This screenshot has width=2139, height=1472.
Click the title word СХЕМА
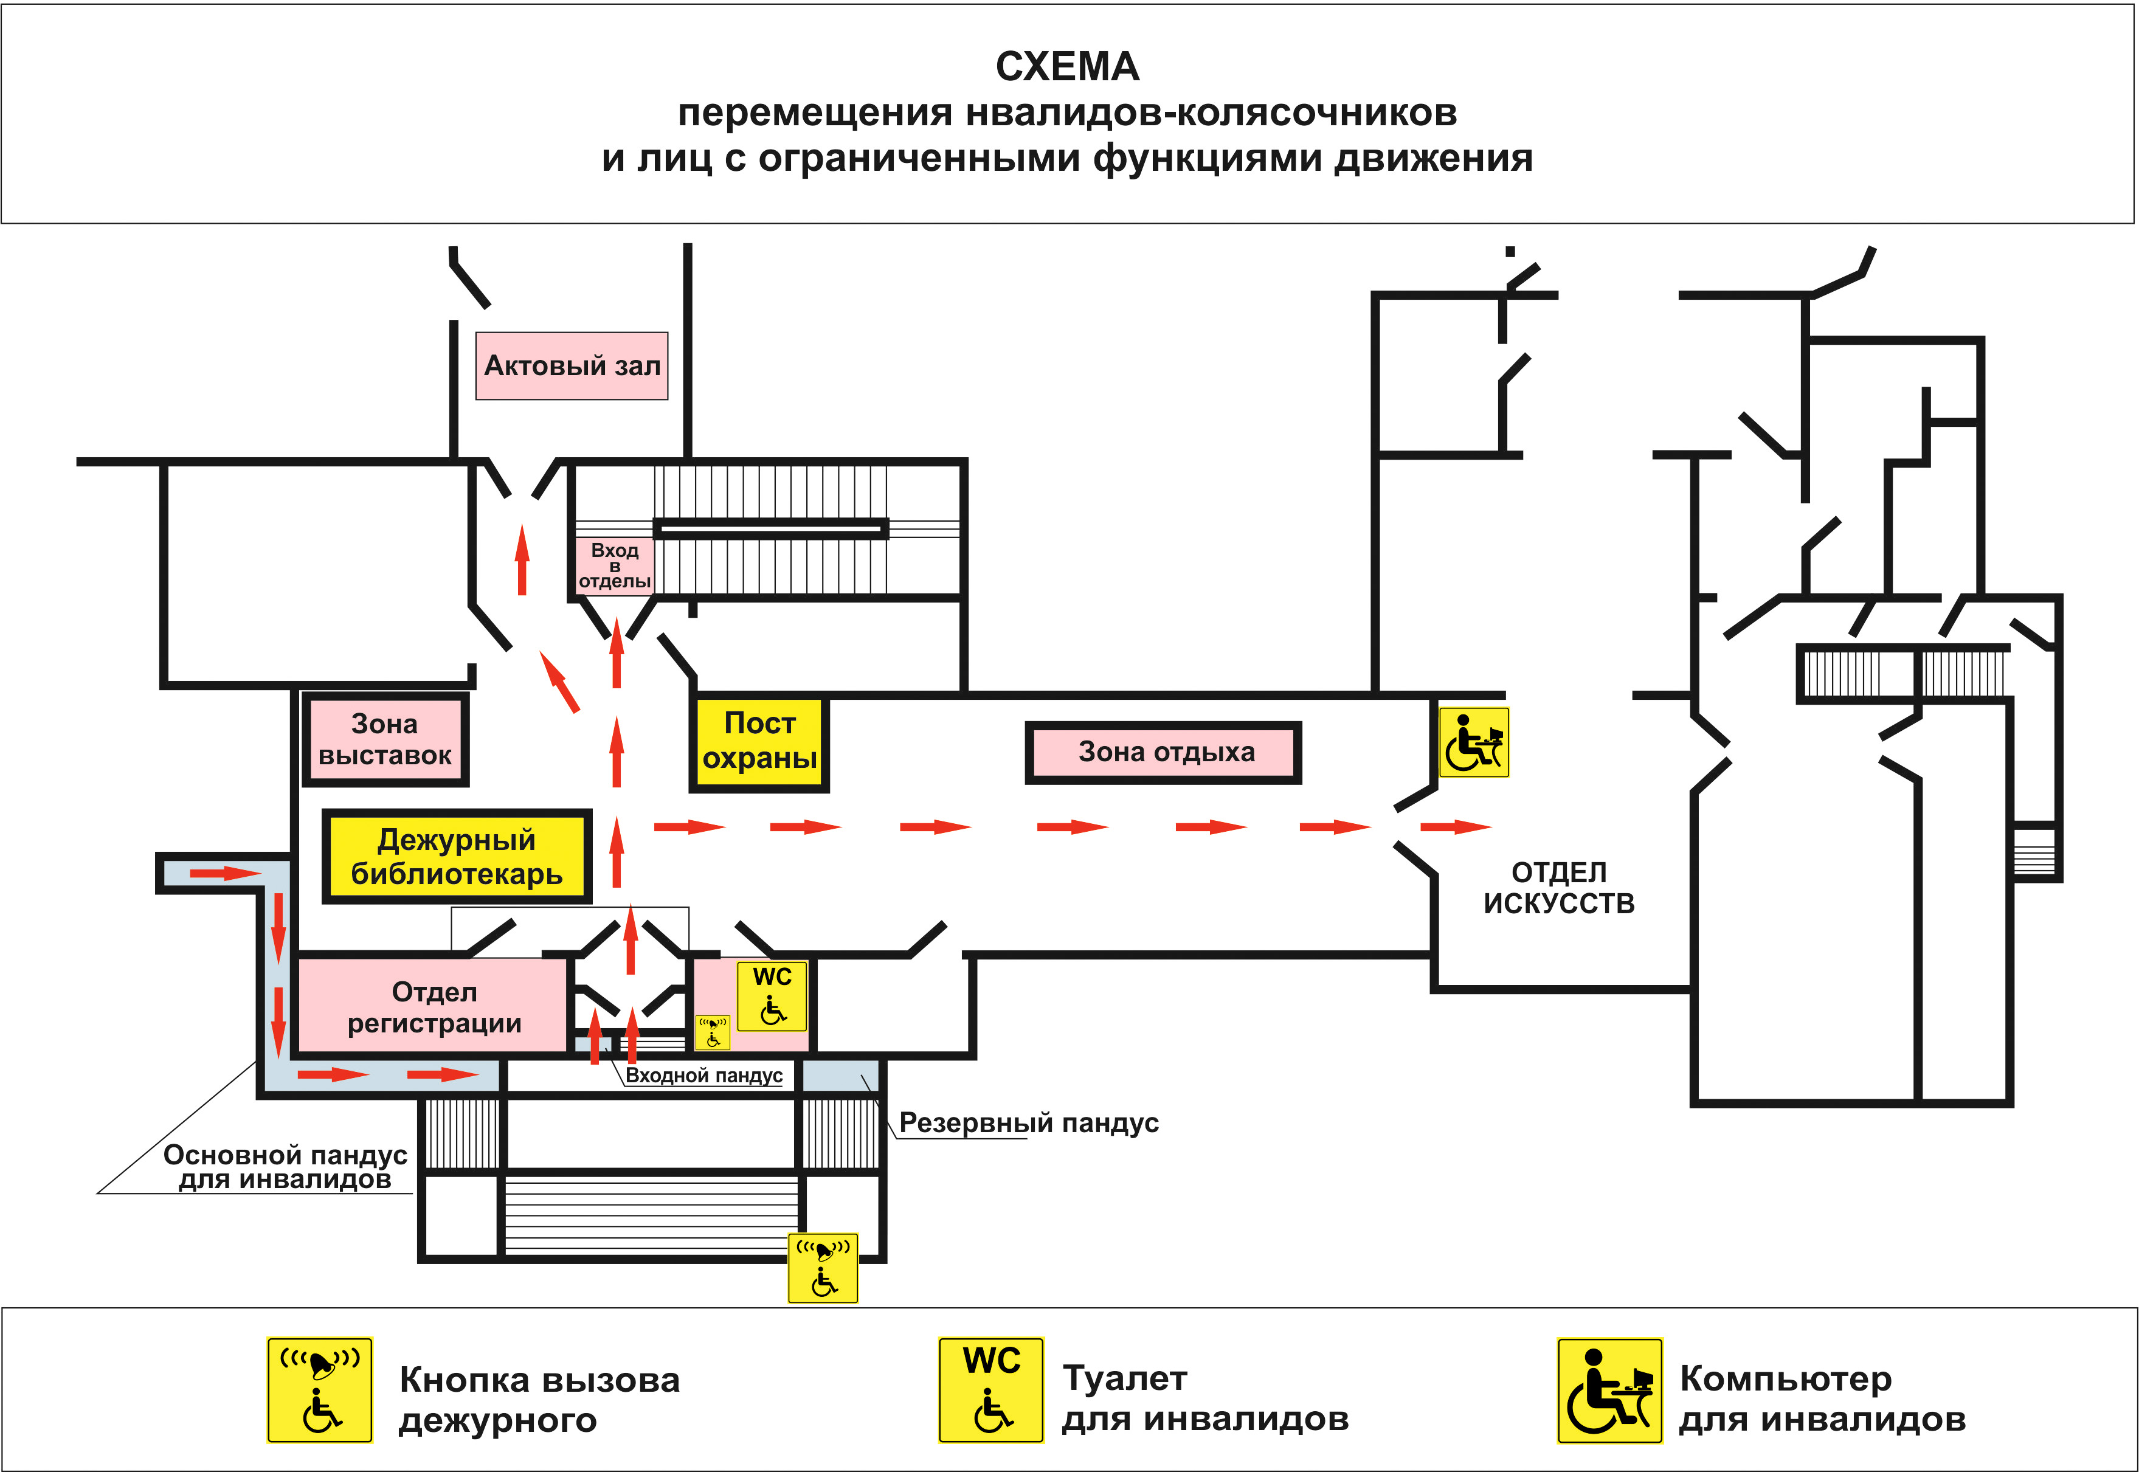click(1067, 66)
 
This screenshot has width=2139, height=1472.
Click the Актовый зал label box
click(572, 366)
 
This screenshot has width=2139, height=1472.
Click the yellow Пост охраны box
click(759, 741)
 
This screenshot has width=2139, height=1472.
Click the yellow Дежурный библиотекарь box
click(457, 857)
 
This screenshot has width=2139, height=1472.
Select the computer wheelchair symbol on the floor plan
click(1473, 742)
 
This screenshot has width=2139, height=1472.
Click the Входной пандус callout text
click(703, 1076)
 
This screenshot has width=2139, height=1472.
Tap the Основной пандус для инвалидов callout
click(285, 1167)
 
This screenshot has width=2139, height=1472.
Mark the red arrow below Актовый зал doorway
click(522, 560)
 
